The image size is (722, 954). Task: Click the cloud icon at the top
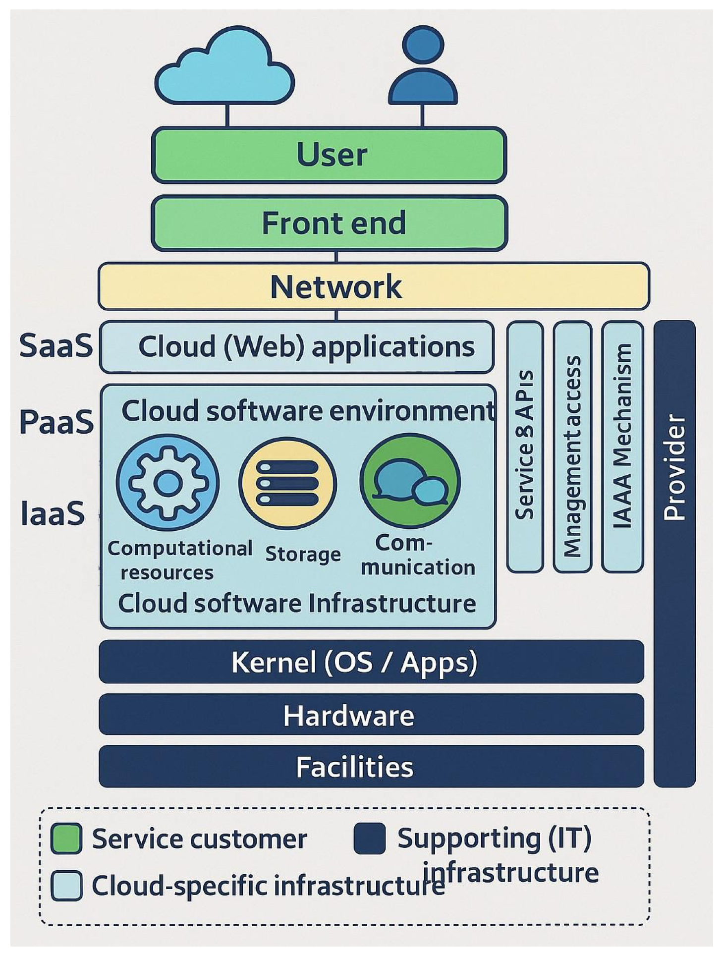tap(224, 69)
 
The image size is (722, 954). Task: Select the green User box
tap(329, 155)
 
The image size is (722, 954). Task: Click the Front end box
tap(329, 223)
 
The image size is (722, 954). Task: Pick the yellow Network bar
tap(373, 286)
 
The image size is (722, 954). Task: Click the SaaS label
tap(56, 345)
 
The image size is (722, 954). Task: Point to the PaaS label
tap(56, 422)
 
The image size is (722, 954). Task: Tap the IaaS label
tap(53, 513)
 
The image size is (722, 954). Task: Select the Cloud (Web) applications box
tap(296, 347)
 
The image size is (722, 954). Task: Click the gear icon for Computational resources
tap(167, 484)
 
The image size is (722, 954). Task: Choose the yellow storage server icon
tap(287, 484)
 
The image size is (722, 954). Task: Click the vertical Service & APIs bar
tap(525, 446)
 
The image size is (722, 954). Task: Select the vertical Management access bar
tap(572, 446)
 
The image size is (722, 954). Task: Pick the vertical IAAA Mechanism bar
tap(622, 446)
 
